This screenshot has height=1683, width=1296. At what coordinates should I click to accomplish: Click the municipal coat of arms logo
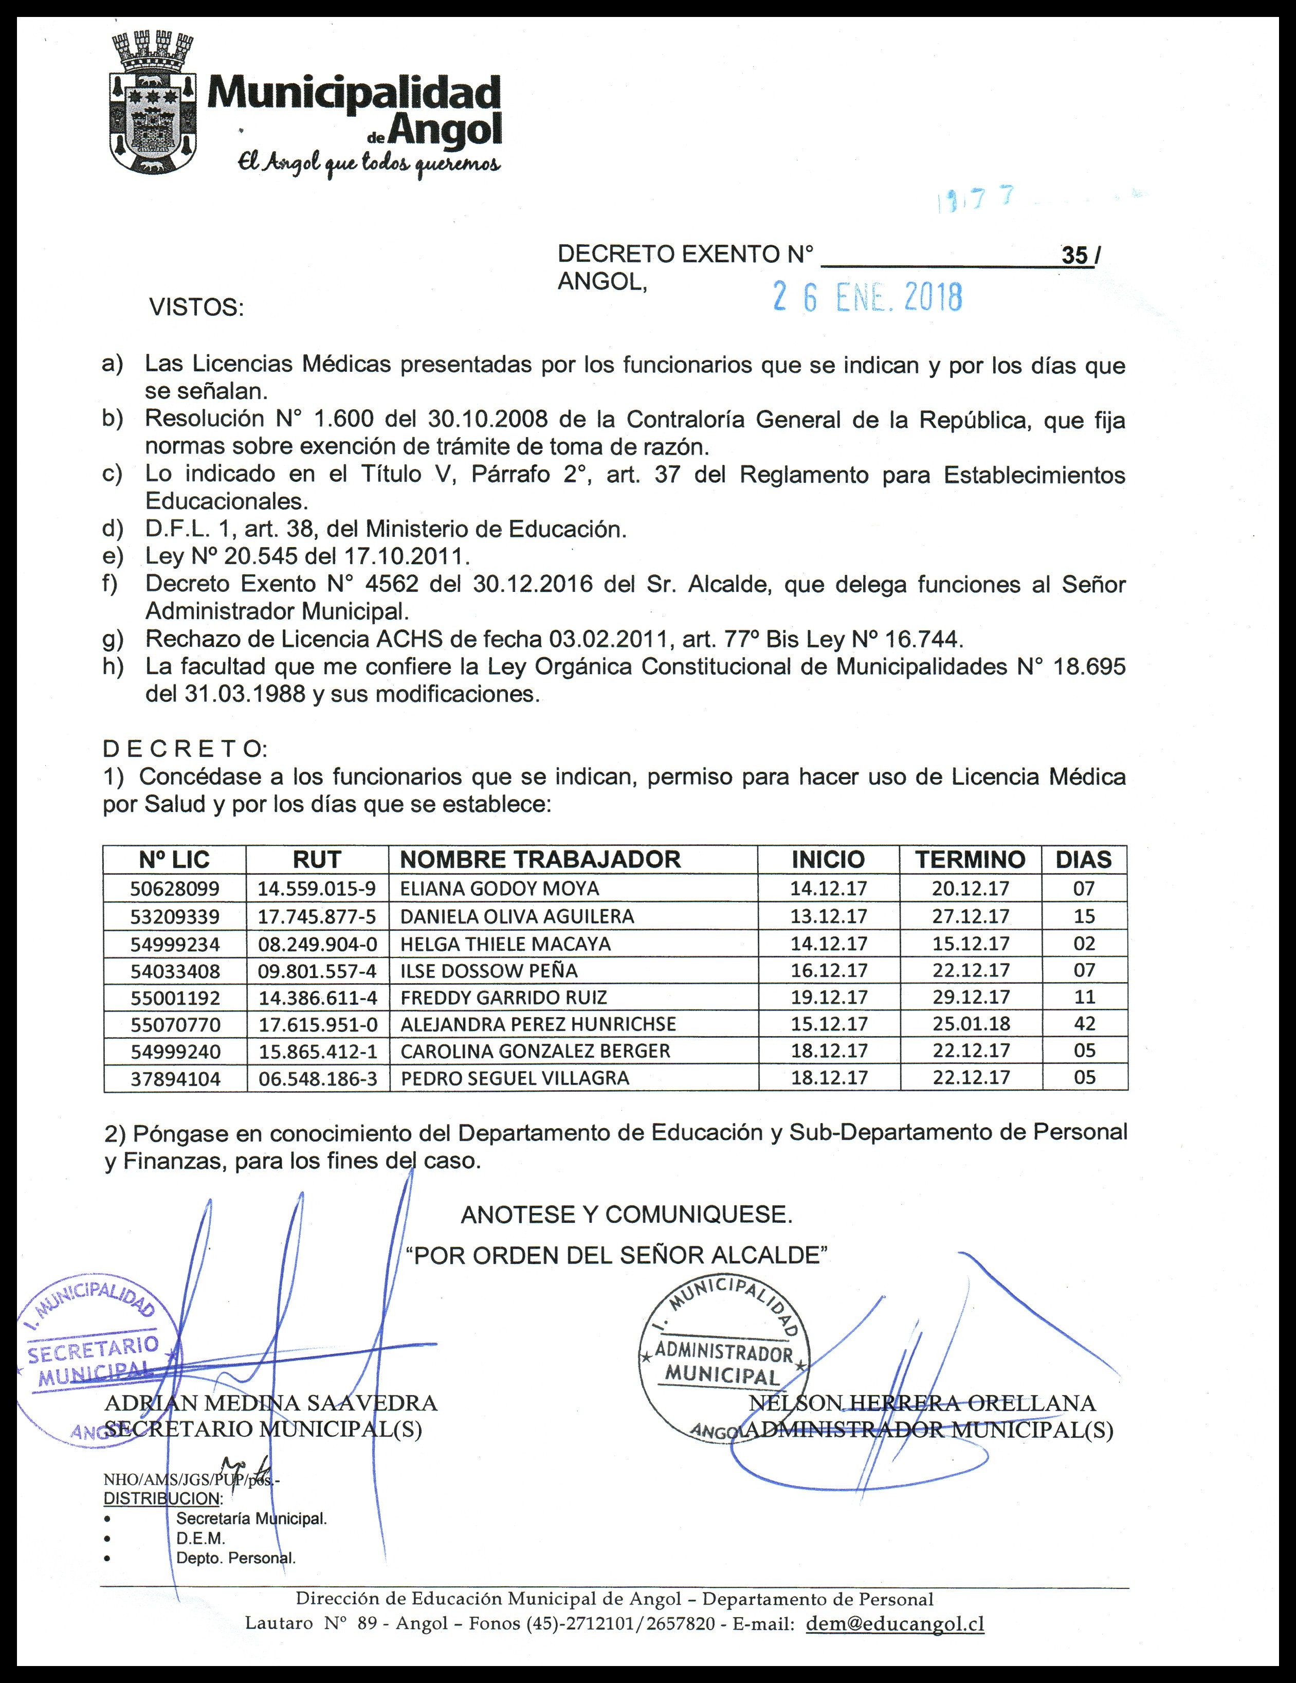[x=150, y=102]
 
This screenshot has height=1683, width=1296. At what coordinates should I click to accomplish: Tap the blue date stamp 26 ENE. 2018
[x=868, y=297]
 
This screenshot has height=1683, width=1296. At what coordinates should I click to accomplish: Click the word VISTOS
[x=196, y=307]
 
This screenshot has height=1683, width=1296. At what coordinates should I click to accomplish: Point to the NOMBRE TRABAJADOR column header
[x=540, y=859]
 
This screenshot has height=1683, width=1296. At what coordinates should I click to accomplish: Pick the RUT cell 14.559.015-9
[x=317, y=889]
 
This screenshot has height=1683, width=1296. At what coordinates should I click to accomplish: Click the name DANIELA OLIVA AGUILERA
[x=517, y=916]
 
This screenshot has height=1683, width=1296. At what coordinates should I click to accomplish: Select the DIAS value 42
[x=1084, y=1024]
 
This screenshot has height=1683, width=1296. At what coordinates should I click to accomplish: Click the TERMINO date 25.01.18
[x=971, y=1024]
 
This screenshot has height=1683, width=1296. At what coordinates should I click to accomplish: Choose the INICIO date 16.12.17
[x=829, y=970]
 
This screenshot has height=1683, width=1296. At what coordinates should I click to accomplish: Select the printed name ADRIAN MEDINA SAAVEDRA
[x=271, y=1403]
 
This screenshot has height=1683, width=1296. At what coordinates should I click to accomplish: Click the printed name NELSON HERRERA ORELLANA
[x=922, y=1403]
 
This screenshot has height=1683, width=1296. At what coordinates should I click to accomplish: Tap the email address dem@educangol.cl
[x=895, y=1624]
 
